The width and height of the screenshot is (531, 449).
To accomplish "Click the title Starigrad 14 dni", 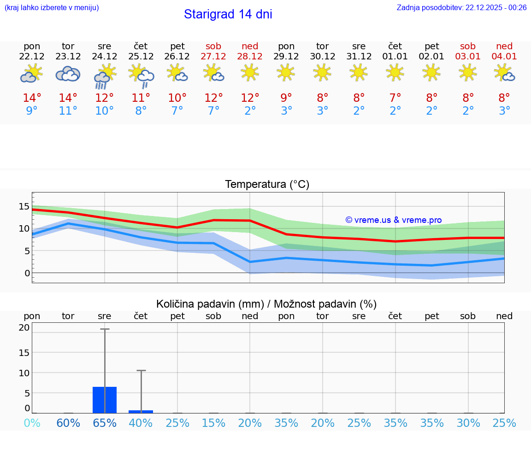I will tap(228, 14).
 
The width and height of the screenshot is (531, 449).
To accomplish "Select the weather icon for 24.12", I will tap(105, 76).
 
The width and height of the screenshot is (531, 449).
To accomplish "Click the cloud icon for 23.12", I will tap(68, 74).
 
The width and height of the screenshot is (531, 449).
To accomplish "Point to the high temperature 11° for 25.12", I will tap(141, 98).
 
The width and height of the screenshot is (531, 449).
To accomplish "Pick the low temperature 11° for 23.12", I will tap(68, 111).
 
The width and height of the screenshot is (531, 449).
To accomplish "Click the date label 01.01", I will tap(395, 56).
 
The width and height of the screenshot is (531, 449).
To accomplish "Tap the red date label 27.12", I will tap(213, 56).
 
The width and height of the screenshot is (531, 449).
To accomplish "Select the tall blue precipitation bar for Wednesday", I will tap(105, 400).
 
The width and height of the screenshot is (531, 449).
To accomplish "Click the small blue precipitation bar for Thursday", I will tap(141, 411).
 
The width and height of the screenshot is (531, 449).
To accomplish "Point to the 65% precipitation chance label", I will tap(105, 423).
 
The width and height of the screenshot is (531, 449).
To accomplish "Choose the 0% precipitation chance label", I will tap(32, 423).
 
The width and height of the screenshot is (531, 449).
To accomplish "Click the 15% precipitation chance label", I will tap(213, 423).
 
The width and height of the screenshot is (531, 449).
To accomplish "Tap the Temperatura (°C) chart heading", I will tap(267, 184).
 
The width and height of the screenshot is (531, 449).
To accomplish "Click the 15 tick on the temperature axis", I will tap(24, 206).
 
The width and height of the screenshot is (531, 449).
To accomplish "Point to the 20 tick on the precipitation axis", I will tap(24, 327).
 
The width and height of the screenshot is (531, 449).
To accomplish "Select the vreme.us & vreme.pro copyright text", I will tap(394, 220).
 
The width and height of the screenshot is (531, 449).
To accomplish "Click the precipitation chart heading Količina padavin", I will tap(266, 304).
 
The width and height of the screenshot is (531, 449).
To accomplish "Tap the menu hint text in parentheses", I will tap(52, 7).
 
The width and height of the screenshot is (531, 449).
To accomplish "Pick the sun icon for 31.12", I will tap(359, 72).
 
